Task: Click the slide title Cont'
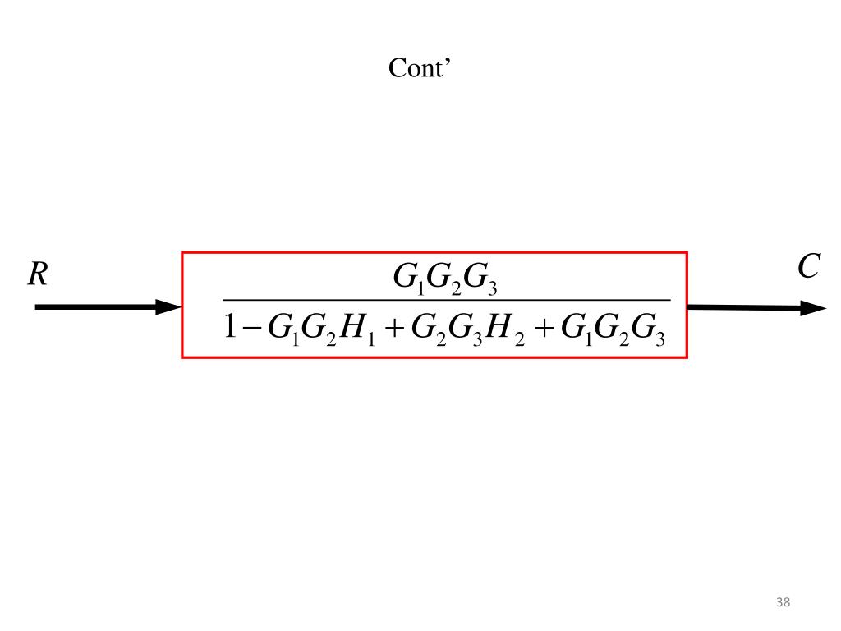pos(420,68)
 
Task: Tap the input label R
pos(38,274)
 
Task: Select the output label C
pos(808,267)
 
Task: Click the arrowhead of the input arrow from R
pos(169,307)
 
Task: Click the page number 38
pos(783,603)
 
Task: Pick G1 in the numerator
pos(407,279)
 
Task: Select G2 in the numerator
pos(443,279)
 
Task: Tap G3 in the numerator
pos(480,279)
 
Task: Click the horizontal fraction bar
pos(448,301)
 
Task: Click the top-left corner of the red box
pos(182,253)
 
